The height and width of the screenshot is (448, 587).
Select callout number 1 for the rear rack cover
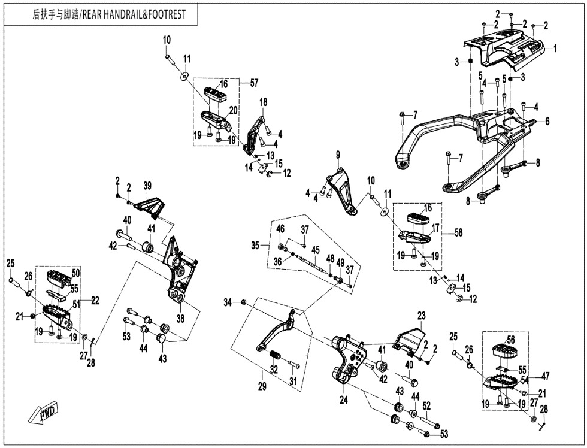pos(555,47)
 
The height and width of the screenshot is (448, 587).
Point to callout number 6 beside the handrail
pos(546,120)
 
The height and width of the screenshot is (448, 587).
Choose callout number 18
pos(262,103)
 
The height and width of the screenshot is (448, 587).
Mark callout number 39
pos(147,185)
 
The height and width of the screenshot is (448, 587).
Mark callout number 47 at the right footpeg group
pos(546,376)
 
